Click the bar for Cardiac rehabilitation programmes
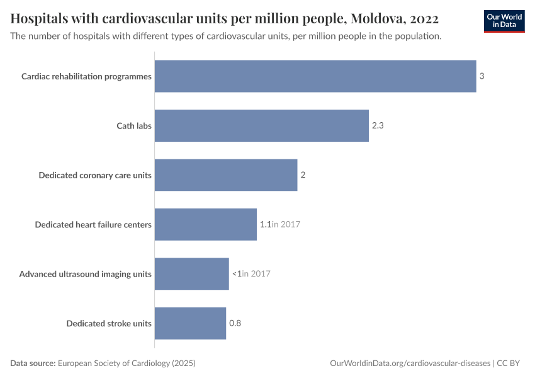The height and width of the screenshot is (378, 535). (315, 76)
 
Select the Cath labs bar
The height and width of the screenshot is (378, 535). (261, 125)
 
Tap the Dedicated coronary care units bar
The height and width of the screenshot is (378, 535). (225, 175)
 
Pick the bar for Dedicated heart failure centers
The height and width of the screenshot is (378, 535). (205, 224)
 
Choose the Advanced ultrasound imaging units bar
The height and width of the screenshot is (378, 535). (191, 273)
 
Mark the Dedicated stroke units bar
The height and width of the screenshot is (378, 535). (190, 323)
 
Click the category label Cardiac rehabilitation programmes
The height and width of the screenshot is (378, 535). (86, 76)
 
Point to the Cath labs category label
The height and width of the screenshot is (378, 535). (134, 125)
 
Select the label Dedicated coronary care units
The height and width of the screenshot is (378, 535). (95, 175)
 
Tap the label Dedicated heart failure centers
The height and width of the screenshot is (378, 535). (93, 224)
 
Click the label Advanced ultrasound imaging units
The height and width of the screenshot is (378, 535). (86, 273)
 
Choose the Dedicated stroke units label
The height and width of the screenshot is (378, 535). (109, 323)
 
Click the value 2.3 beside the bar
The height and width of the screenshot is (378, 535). (378, 125)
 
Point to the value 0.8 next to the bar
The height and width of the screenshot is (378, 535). (235, 323)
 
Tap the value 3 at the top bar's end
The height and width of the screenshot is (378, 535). (481, 76)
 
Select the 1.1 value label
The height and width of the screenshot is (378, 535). (265, 224)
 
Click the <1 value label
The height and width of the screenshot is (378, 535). (237, 273)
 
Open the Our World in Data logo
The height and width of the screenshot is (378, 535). (504, 21)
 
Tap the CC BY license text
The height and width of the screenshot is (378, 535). (513, 364)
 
